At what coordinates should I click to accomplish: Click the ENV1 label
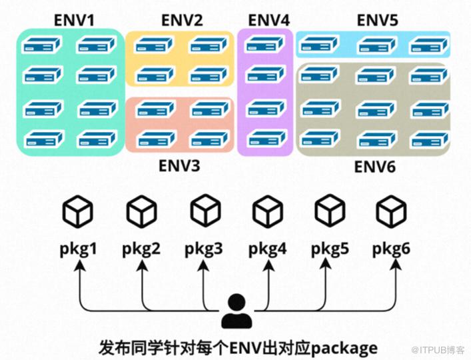click(74, 21)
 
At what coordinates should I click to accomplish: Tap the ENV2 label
click(182, 21)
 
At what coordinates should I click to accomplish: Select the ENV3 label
click(179, 165)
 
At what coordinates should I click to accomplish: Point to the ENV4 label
click(269, 21)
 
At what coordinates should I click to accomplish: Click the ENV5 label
click(378, 21)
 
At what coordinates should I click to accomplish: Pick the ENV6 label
click(375, 167)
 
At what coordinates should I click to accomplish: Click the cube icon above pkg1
click(77, 211)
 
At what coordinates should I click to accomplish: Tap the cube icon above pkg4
click(268, 211)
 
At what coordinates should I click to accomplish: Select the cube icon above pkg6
click(392, 211)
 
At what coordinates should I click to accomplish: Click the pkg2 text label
click(141, 249)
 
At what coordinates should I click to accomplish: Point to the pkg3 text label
click(204, 249)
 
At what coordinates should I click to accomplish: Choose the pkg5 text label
click(330, 249)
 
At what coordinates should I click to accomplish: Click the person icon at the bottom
click(236, 311)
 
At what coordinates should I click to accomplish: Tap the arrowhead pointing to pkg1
click(80, 265)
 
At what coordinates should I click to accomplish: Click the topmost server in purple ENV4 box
click(265, 44)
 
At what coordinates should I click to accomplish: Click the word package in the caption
click(344, 349)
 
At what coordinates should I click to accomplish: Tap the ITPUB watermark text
click(438, 349)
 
